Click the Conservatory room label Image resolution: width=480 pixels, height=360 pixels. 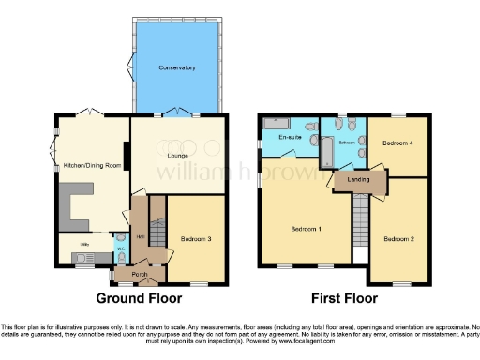point(176,68)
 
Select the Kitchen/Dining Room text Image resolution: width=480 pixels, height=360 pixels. point(92,165)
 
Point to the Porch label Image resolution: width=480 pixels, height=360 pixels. point(140,274)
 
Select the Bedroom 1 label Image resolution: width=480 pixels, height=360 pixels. point(306,229)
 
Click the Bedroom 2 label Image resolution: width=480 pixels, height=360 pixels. point(397,238)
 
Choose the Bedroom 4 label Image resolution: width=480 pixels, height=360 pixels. point(397,142)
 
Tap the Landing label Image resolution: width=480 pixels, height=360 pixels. point(357,178)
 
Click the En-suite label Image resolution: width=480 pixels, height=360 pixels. point(291,138)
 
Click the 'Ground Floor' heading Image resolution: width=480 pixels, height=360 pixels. point(139,299)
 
